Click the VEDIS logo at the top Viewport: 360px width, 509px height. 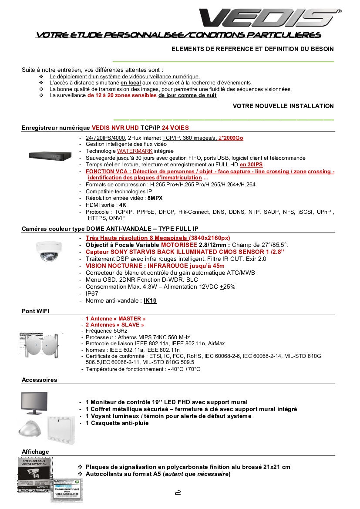click(269, 18)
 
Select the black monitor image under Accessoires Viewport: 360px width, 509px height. click(34, 403)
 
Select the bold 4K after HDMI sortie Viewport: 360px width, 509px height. click(123, 205)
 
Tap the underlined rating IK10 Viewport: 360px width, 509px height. click(150, 300)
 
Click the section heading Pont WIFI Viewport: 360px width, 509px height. click(36, 311)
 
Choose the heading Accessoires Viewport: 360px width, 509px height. click(40, 380)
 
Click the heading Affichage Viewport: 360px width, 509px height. click(36, 452)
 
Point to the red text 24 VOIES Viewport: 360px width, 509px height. click(175, 128)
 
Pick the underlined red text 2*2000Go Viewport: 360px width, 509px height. click(231, 138)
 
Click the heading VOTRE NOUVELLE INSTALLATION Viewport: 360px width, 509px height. click(283, 106)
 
